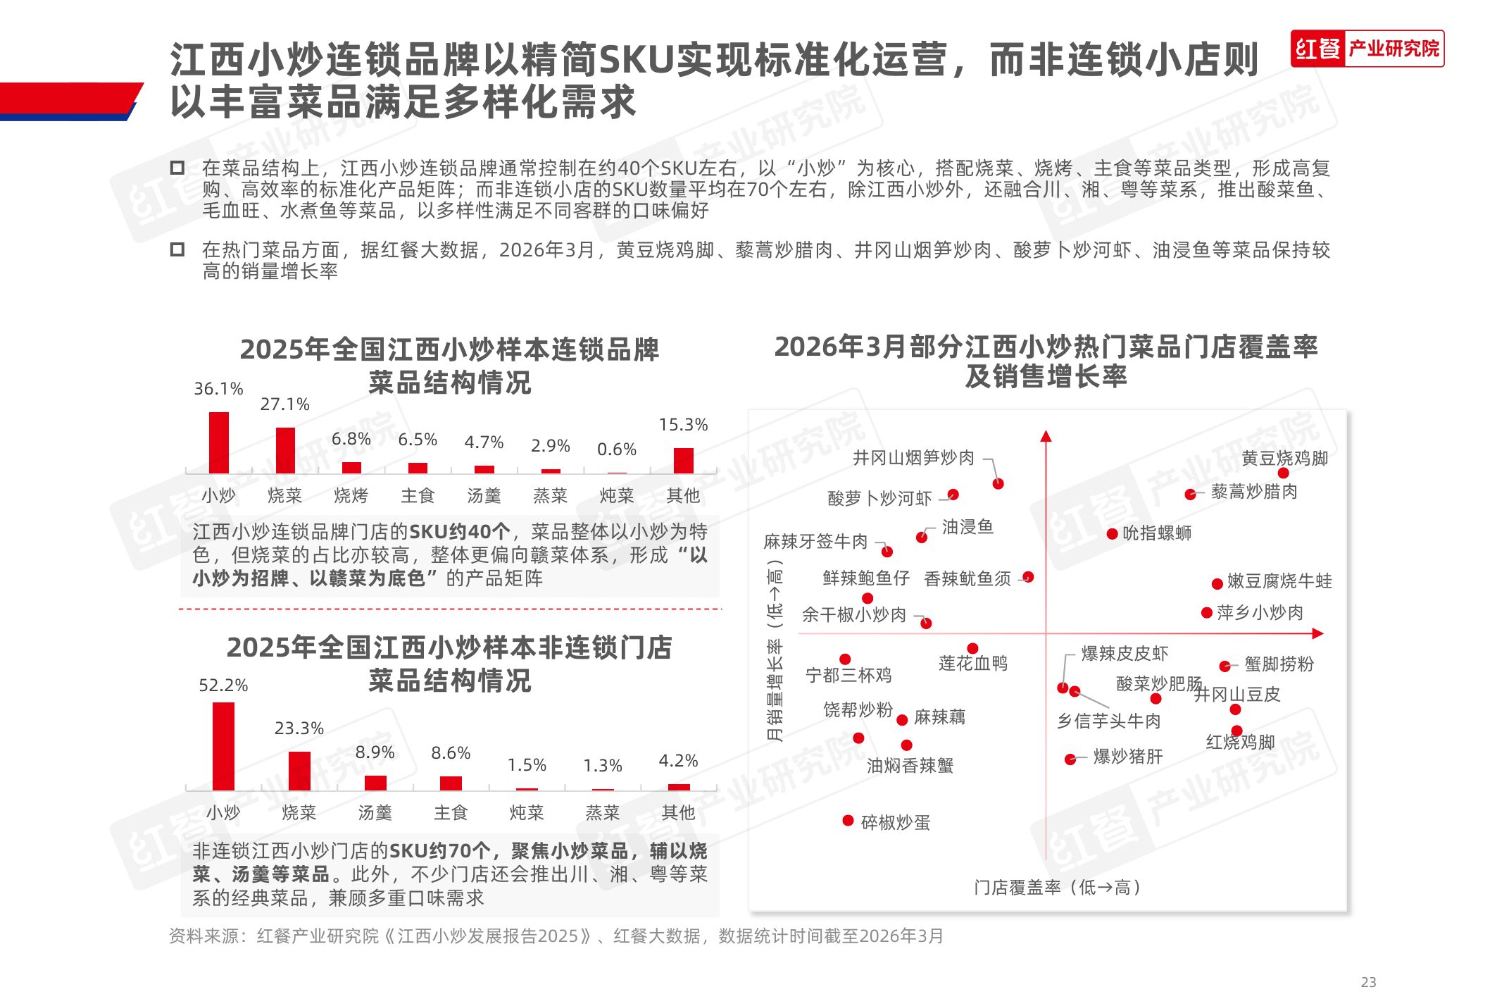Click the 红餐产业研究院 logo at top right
coord(1367,49)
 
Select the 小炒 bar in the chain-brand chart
coord(219,442)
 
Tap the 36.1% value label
coord(218,389)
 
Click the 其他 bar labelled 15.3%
coord(683,460)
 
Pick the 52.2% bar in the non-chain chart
coord(223,746)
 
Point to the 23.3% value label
coord(299,728)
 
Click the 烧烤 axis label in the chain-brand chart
coord(351,496)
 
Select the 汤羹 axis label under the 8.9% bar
coord(375,813)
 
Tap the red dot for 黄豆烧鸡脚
coord(1284,473)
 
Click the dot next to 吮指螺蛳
coord(1113,534)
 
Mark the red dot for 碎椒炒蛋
coord(848,821)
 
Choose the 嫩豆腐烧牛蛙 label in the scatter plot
coord(1279,581)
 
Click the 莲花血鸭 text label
coord(973,664)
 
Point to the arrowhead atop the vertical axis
coord(1046,436)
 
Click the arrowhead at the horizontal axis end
coord(1318,633)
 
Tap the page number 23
coord(1368,982)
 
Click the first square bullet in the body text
coord(177,168)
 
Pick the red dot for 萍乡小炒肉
coord(1207,613)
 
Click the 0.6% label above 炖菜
coord(617,449)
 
